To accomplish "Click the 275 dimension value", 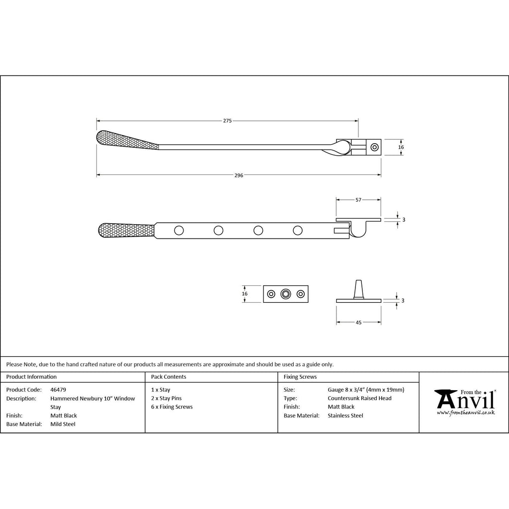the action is [x=227, y=121].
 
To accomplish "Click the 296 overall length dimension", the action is [x=239, y=175].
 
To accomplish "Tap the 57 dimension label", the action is [x=358, y=200].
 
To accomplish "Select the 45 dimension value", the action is [x=358, y=322].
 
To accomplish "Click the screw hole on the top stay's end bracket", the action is [x=375, y=147].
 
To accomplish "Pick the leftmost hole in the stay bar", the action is [x=179, y=231].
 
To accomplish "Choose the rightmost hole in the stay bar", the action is [x=298, y=231].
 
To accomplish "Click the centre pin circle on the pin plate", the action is [x=286, y=294].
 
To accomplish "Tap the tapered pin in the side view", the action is [x=358, y=289].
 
